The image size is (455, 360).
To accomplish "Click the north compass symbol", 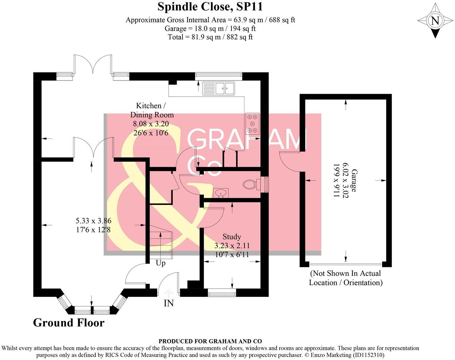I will pyautogui.click(x=435, y=21).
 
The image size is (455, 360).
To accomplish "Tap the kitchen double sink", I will pyautogui.click(x=218, y=89).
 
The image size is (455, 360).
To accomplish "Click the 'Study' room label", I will pyautogui.click(x=232, y=237).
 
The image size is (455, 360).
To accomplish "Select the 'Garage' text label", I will pyautogui.click(x=354, y=181).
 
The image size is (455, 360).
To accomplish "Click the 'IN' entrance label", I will pyautogui.click(x=169, y=303).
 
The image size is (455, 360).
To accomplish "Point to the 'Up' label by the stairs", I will pyautogui.click(x=160, y=263).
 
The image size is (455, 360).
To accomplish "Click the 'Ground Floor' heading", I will pyautogui.click(x=69, y=323).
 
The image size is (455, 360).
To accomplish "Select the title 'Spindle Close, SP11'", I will pyautogui.click(x=210, y=6).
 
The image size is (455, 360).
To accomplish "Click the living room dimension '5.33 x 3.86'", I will pyautogui.click(x=93, y=221).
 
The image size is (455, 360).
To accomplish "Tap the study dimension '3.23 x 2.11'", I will pyautogui.click(x=232, y=246).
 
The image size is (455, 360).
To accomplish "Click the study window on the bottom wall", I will pyautogui.click(x=221, y=293).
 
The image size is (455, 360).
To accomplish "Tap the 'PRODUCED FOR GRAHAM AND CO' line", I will pyautogui.click(x=210, y=341).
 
